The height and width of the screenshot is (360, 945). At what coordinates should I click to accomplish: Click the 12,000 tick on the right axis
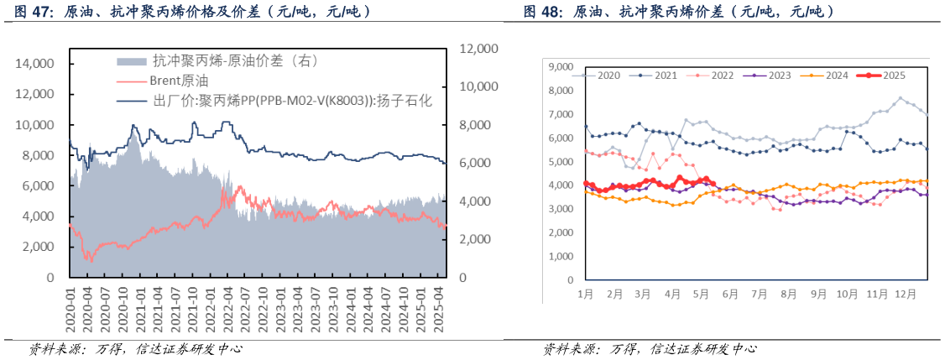(480, 49)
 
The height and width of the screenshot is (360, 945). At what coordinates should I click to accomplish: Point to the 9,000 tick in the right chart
(559, 66)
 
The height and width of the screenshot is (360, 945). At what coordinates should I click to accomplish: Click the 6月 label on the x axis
(730, 295)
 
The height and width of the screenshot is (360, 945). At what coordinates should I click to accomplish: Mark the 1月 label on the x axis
(586, 295)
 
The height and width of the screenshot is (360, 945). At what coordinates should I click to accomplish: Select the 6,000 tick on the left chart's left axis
(38, 186)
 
